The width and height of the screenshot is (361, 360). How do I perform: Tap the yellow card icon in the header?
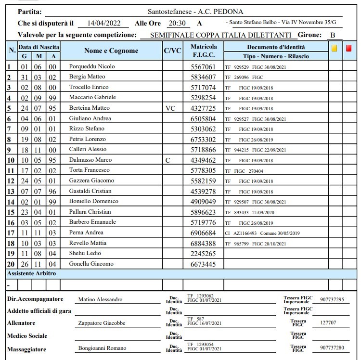pyautogui.click(x=335, y=48)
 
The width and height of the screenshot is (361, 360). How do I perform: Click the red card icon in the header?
pyautogui.click(x=349, y=48)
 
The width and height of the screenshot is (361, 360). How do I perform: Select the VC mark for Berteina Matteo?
pyautogui.click(x=170, y=108)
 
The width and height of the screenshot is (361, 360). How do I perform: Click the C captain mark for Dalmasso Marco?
pyautogui.click(x=168, y=160)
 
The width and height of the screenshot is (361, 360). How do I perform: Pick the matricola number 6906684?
pyautogui.click(x=204, y=232)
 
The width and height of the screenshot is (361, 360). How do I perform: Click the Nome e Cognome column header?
pyautogui.click(x=111, y=51)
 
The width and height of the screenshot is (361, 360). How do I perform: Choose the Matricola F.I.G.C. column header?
pyautogui.click(x=204, y=51)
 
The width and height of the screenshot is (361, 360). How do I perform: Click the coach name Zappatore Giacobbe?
pyautogui.click(x=101, y=323)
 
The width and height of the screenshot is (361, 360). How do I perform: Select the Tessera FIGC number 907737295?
pyautogui.click(x=332, y=299)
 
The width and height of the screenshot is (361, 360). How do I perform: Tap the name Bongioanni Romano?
pyautogui.click(x=102, y=348)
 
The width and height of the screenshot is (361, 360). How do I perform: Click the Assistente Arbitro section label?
pyautogui.click(x=31, y=273)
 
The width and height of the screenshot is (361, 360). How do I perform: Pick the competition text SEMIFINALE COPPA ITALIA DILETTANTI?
pyautogui.click(x=220, y=35)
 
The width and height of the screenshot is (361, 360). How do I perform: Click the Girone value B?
pyautogui.click(x=332, y=35)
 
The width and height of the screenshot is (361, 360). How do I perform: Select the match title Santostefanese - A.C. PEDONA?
pyautogui.click(x=195, y=12)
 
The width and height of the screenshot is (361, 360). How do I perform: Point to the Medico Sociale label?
pyautogui.click(x=27, y=335)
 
